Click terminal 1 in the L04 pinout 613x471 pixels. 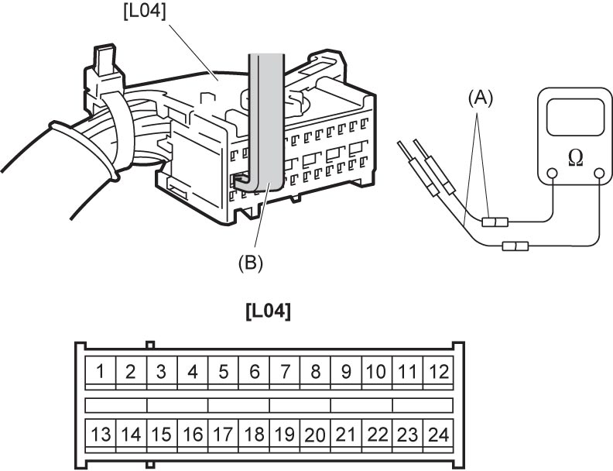[101, 371]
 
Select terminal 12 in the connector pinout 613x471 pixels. [438, 371]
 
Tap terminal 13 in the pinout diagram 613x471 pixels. [101, 434]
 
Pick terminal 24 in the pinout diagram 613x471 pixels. [438, 434]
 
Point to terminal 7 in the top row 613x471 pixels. [285, 371]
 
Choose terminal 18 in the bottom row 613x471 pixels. [254, 434]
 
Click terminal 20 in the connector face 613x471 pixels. [316, 434]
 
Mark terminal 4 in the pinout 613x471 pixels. [193, 371]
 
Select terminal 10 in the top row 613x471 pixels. [377, 371]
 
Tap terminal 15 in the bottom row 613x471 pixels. [162, 434]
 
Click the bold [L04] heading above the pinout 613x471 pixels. [269, 311]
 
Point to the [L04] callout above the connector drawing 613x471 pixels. [145, 11]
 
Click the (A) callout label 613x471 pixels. [481, 98]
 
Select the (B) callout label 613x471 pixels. [251, 263]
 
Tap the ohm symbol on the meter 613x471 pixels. [576, 157]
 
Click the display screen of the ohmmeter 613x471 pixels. [576, 117]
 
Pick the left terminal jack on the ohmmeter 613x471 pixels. [552, 174]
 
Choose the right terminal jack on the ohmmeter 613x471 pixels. [599, 174]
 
